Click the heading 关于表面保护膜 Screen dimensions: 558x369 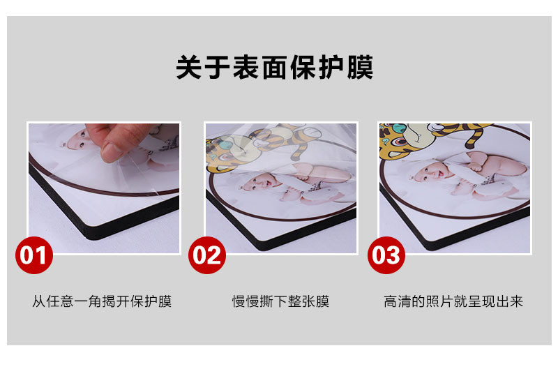tap(274, 67)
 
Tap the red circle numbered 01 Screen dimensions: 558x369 tap(34, 255)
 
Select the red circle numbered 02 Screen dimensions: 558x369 tap(207, 255)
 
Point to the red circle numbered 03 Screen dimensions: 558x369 tap(386, 255)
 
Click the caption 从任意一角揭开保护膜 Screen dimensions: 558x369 tap(102, 301)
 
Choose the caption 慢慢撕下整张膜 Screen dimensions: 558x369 tap(280, 301)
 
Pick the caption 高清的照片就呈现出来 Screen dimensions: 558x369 tap(453, 301)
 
